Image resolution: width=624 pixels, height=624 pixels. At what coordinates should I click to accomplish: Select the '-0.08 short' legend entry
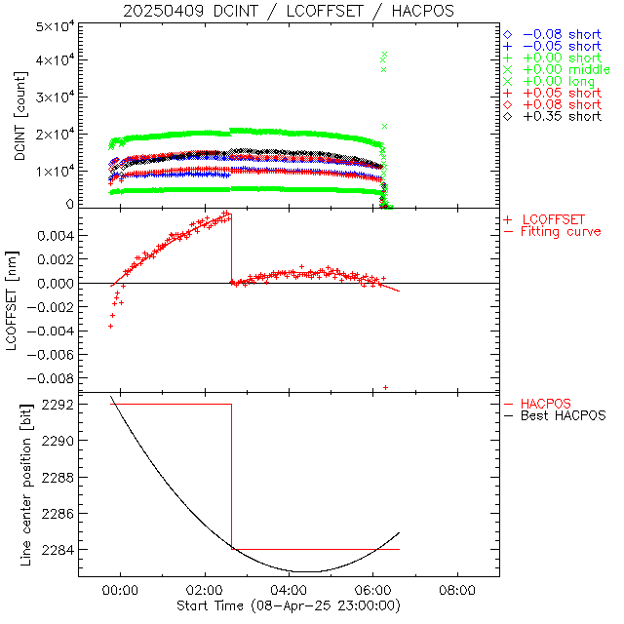tap(562, 34)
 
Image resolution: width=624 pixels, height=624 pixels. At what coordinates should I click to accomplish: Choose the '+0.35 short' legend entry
tap(562, 116)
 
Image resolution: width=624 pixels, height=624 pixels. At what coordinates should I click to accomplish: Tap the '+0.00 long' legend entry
tap(562, 81)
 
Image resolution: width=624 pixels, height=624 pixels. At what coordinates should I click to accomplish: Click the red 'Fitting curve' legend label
tap(561, 232)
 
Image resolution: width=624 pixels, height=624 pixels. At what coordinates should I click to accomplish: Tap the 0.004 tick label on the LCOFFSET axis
tap(57, 236)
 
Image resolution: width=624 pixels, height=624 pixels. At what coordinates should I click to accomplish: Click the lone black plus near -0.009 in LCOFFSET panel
tap(385, 388)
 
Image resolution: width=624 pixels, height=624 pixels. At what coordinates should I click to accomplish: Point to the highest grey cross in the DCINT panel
tap(385, 55)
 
